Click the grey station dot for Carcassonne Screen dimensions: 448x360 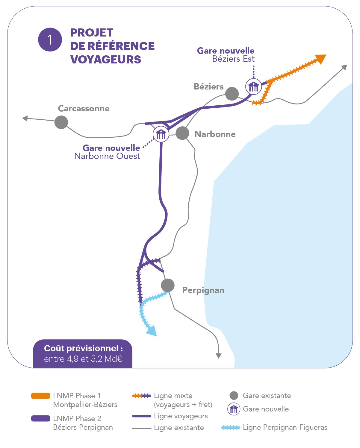[61, 122]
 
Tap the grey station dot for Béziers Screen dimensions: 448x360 [232, 94]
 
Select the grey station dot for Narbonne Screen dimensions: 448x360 [182, 133]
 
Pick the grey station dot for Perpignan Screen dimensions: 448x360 [168, 285]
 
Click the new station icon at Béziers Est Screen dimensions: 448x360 [253, 87]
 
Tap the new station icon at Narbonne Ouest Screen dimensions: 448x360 [161, 134]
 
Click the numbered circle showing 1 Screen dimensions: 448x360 [50, 40]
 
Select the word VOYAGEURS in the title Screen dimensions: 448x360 [105, 60]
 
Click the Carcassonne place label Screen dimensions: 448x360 [84, 108]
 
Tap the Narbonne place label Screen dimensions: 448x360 [215, 134]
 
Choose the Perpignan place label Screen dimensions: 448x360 [203, 290]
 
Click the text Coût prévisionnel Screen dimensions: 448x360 [83, 348]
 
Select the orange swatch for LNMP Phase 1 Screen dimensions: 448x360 [41, 396]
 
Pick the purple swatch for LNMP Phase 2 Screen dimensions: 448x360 [41, 418]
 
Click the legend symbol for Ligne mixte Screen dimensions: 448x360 [141, 396]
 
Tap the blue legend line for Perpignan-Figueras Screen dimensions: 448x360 [230, 428]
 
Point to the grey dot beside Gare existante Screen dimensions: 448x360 [234, 396]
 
